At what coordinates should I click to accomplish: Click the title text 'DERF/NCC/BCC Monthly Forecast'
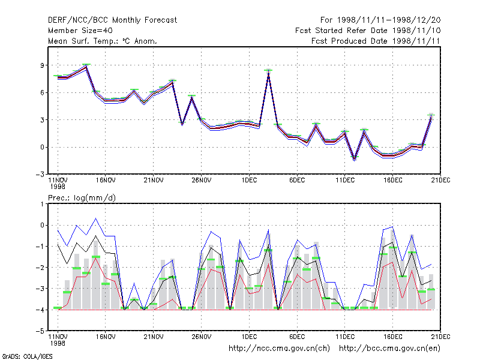click(112, 20)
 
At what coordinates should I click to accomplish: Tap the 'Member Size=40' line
click(80, 31)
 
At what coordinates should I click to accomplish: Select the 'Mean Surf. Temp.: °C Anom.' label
click(103, 41)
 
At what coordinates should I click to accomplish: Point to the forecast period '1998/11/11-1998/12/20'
click(389, 20)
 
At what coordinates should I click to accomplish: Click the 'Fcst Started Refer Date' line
click(368, 31)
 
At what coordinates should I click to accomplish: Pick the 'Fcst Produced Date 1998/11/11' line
click(376, 41)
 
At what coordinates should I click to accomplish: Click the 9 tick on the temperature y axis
click(42, 65)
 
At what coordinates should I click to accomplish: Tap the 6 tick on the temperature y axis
click(42, 92)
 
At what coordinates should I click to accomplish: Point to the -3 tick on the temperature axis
click(40, 175)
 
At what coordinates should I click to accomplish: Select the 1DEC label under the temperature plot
click(249, 181)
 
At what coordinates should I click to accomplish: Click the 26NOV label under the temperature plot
click(201, 181)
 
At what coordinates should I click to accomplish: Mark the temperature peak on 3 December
click(268, 73)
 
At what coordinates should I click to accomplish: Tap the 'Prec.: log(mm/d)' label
click(82, 198)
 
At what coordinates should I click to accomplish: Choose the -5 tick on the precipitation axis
click(40, 331)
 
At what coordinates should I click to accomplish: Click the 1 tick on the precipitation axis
click(42, 204)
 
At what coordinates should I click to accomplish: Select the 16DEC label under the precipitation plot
click(393, 337)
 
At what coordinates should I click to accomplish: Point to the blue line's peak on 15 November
click(96, 218)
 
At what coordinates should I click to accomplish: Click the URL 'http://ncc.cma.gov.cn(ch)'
click(279, 349)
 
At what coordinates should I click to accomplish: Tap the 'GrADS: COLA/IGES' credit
click(27, 356)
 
